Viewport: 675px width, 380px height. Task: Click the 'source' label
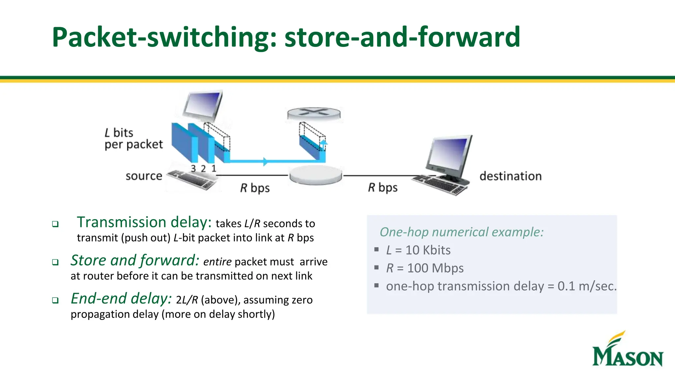(x=144, y=176)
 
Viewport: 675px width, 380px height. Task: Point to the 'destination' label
(x=511, y=176)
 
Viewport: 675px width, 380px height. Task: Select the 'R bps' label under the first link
(x=255, y=188)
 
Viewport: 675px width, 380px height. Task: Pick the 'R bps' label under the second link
(x=383, y=188)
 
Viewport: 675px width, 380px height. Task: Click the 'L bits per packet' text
(x=133, y=139)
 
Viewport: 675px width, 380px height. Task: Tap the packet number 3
(x=193, y=169)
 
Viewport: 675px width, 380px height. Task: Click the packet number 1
(x=214, y=169)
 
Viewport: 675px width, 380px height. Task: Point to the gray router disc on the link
(x=315, y=175)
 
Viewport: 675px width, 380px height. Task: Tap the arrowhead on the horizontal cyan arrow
(x=265, y=162)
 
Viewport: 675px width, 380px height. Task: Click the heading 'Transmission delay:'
(x=144, y=222)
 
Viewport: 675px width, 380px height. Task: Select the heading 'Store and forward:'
(x=135, y=260)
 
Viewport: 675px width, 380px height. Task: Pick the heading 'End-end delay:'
(x=121, y=299)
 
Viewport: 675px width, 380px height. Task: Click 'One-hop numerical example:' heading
(x=461, y=232)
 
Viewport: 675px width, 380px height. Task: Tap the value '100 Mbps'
(x=435, y=268)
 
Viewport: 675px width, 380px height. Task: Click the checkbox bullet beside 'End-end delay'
(x=55, y=301)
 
